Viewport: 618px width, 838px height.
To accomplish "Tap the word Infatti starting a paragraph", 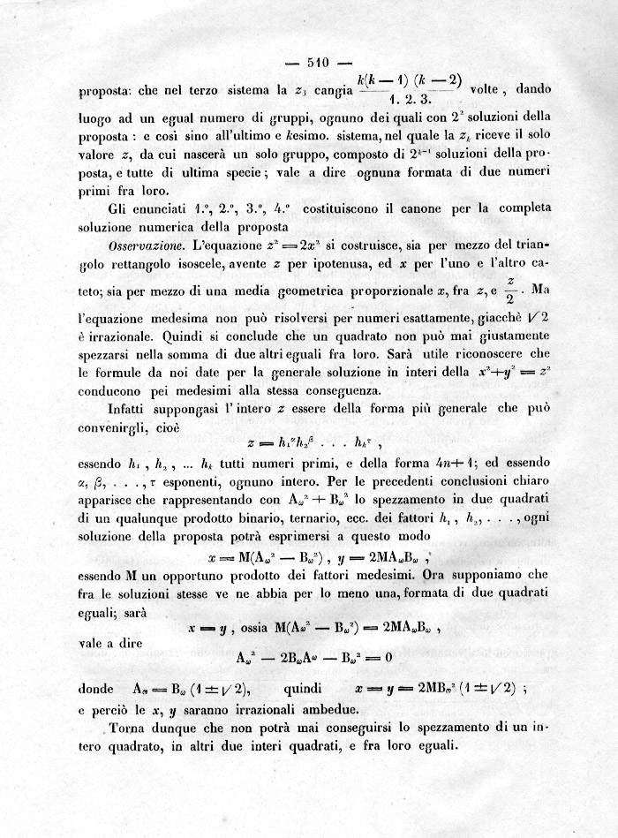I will click(x=133, y=411).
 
